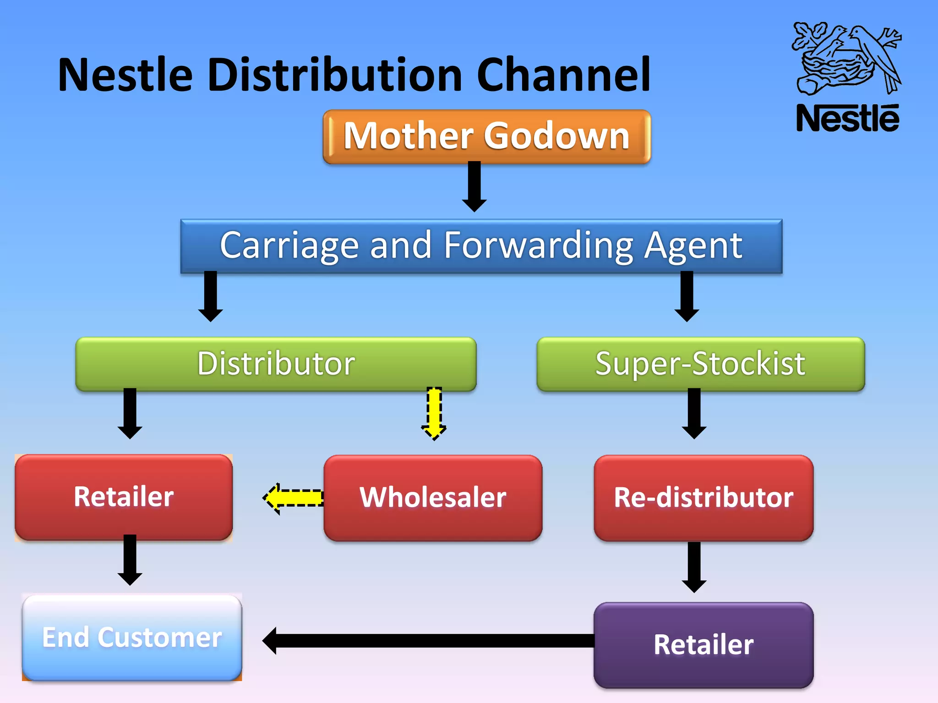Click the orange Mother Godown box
[486, 136]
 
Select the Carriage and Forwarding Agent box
[481, 246]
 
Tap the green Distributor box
[276, 364]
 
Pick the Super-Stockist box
[700, 364]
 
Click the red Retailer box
[124, 497]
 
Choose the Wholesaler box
[433, 498]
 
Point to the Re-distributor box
[703, 498]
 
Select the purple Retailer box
[703, 645]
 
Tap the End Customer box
[132, 637]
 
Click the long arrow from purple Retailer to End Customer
[428, 640]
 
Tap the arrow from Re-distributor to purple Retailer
[694, 567]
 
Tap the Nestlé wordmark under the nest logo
[847, 119]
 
